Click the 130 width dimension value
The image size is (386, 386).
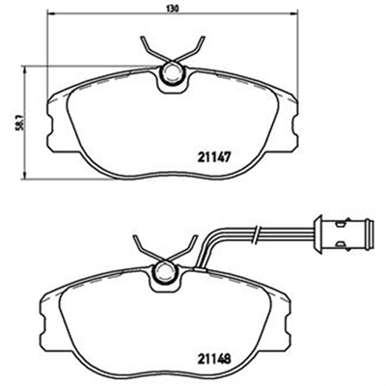172,8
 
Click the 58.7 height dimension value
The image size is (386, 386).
20,123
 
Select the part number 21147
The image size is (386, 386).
214,157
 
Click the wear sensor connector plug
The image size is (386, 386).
345,234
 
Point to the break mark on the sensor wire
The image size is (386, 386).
256,234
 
